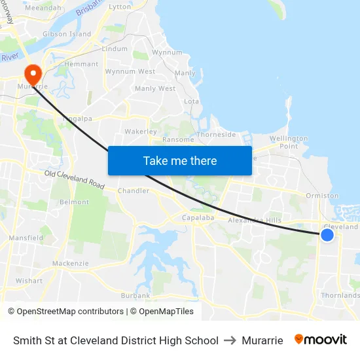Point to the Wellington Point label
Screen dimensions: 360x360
coord(289,142)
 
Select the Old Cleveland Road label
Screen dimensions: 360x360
coord(75,179)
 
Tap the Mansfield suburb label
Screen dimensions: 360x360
coord(26,238)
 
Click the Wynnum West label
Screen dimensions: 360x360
coord(130,71)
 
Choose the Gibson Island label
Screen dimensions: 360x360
coord(67,34)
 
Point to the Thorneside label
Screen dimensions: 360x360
coord(217,135)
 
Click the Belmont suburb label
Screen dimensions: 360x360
coord(74,202)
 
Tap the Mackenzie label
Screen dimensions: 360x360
coord(70,264)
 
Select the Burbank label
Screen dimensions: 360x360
coord(135,296)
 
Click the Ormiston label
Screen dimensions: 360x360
coord(323,196)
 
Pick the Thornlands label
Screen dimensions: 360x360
coord(340,295)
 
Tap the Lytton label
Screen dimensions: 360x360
coord(120,7)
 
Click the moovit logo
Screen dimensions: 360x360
coord(321,340)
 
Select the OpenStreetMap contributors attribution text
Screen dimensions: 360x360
coord(68,312)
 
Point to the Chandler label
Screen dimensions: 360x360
coord(134,191)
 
